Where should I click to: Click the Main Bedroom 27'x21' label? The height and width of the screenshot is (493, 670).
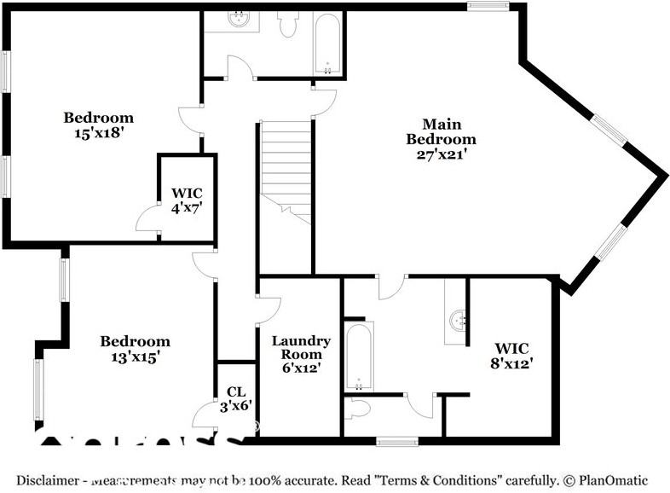coord(441,139)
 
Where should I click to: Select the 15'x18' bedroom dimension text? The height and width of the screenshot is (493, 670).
coord(99,133)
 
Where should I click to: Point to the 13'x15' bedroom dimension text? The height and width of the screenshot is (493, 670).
coord(135,357)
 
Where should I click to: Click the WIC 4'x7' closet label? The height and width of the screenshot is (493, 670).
coord(187,199)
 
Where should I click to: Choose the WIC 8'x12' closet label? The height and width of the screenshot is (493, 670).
coord(512,356)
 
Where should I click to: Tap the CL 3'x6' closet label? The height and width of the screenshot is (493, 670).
coord(235,399)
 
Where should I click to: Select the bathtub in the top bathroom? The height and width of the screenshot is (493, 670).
coord(326,43)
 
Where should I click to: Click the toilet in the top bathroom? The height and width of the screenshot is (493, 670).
coord(287,25)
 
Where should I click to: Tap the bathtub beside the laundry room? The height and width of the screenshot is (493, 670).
coord(359,355)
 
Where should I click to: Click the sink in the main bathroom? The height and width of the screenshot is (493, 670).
coord(457,322)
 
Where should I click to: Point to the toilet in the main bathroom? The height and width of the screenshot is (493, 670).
coord(359,409)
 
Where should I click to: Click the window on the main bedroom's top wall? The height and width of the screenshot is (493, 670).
coord(488,7)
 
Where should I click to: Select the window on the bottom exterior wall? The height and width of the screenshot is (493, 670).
coord(397,442)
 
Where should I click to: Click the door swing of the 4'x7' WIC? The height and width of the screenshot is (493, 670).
coord(148,219)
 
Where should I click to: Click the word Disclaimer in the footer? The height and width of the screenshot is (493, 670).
coord(47,480)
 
